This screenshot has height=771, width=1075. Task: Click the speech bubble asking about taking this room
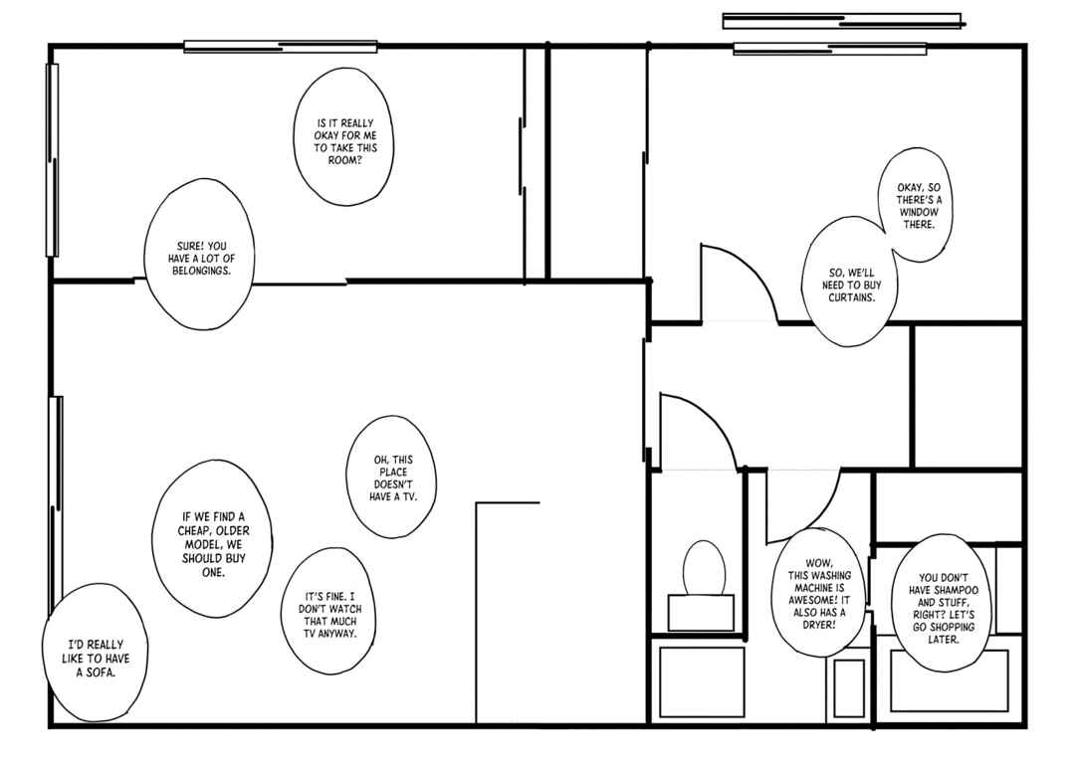pos(343,136)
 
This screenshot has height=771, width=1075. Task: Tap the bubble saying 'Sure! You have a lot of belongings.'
pos(199,255)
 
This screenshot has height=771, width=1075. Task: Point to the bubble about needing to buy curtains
pos(849,283)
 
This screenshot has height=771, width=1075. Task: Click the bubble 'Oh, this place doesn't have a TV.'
pos(391,477)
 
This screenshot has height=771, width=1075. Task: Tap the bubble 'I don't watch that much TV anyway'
pos(329,611)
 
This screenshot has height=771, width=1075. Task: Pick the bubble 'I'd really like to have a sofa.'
pos(96,654)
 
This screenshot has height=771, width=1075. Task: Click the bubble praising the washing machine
pos(818,593)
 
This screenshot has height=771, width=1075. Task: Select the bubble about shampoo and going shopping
pos(943,603)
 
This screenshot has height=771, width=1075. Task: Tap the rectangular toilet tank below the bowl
pos(701,612)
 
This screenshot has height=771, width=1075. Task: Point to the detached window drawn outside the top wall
pos(842,21)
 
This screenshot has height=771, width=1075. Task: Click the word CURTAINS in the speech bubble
pos(851,297)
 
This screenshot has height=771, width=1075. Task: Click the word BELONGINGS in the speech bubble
pos(201,271)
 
